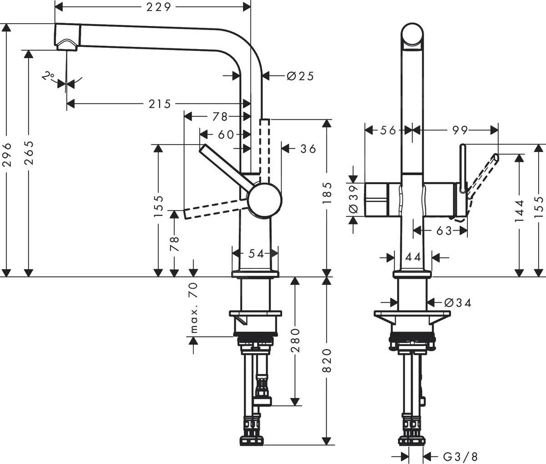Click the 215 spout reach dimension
tap(159, 104)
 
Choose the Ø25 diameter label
tap(300, 76)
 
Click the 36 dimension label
tap(308, 148)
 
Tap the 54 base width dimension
tap(256, 254)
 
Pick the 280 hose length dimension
tap(296, 341)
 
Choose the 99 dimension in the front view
tap(460, 131)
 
